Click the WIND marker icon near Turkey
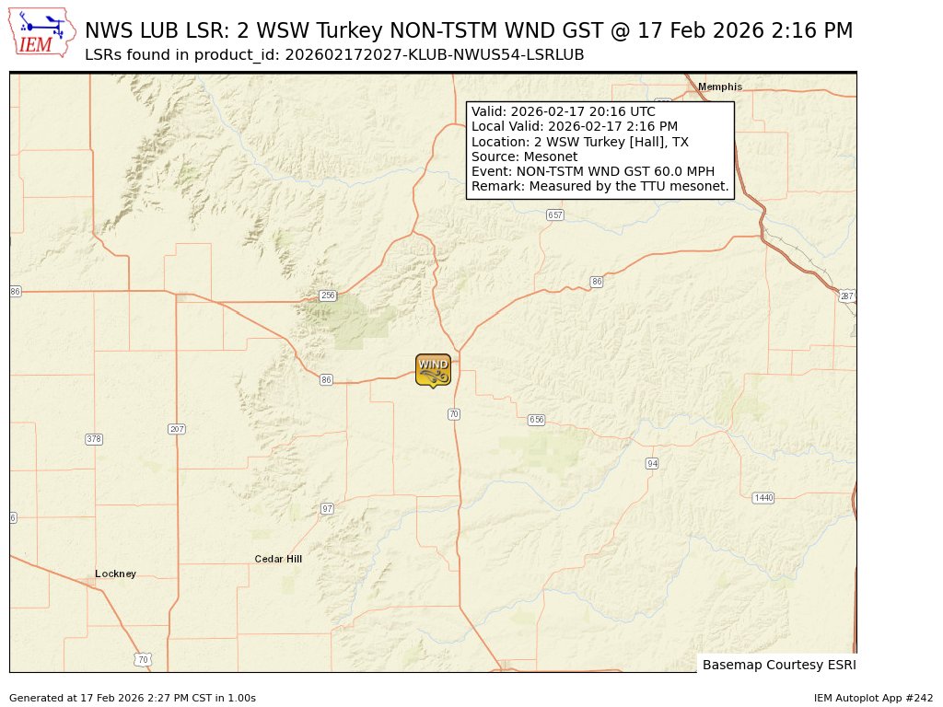point(433,369)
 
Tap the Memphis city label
point(719,87)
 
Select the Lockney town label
point(115,574)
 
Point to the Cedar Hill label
point(278,559)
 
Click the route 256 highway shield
point(327,296)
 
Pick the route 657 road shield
point(554,214)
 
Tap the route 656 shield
point(537,420)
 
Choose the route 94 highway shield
point(652,463)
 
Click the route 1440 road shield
point(763,498)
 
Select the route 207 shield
point(178,429)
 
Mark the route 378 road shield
point(94,439)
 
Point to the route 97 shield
point(327,508)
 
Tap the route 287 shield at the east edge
point(847,296)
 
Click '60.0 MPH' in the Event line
point(682,171)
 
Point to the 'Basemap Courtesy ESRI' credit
point(779,665)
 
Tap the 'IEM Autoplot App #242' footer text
point(873,698)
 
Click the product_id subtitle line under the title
point(334,54)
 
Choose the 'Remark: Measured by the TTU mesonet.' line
point(600,186)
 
